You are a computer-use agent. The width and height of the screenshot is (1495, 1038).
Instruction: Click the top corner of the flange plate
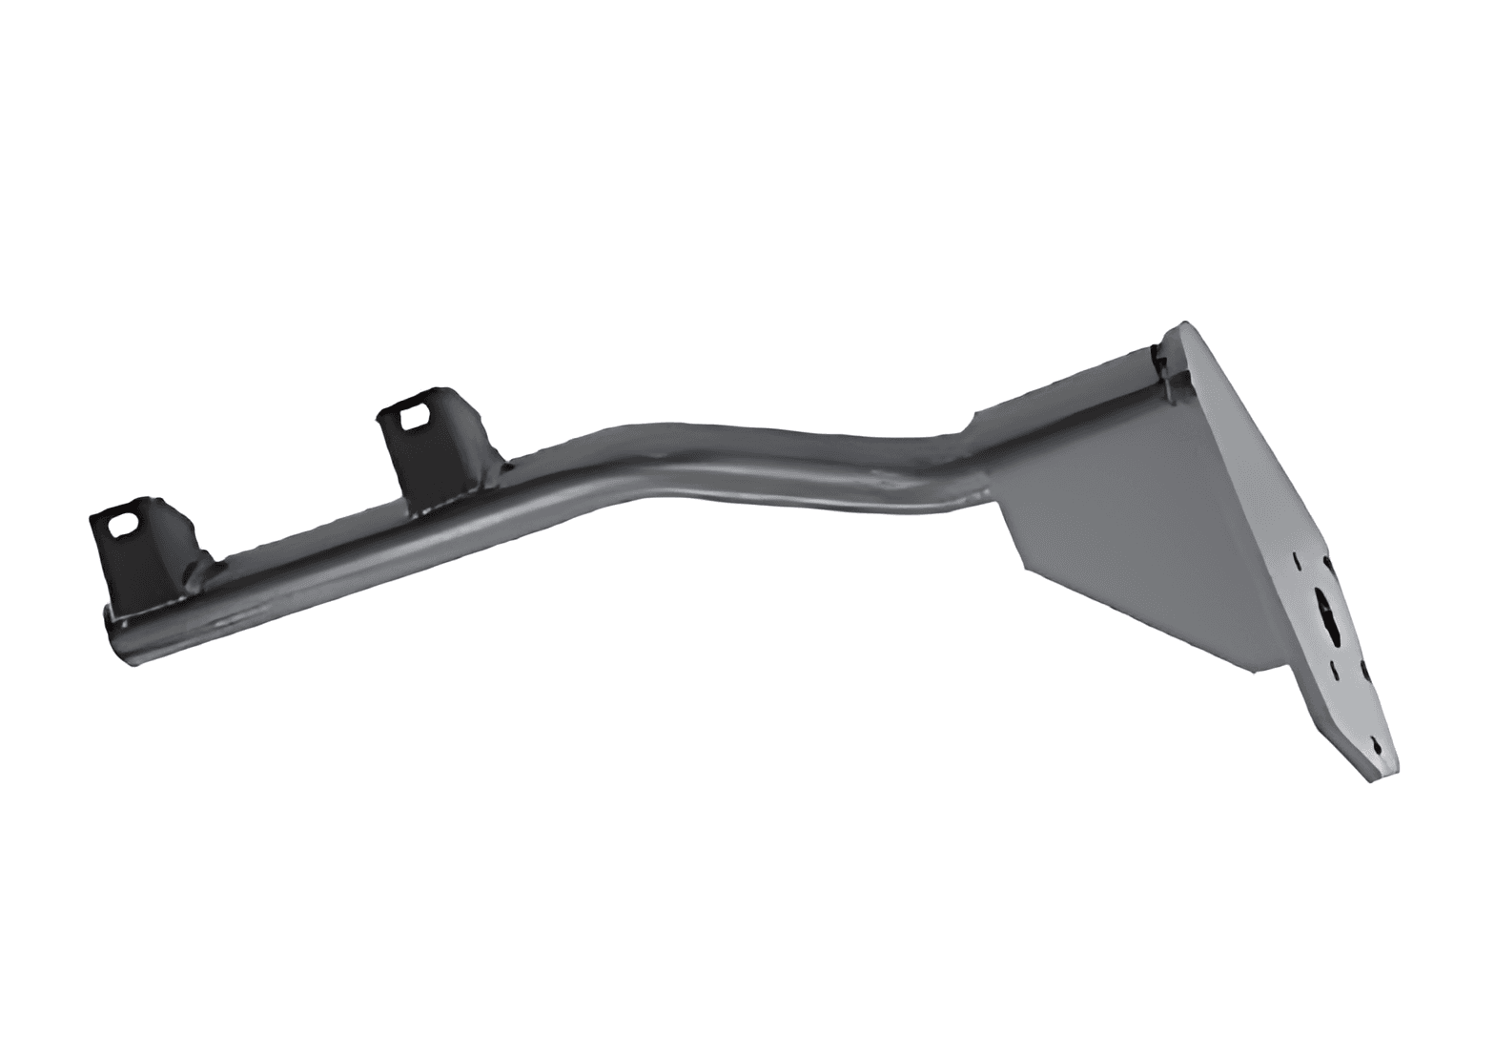pos(1185,324)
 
